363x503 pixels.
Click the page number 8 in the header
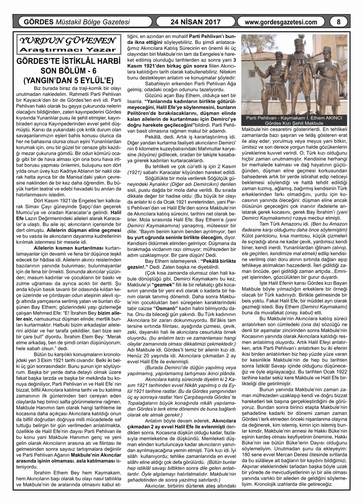click(338, 22)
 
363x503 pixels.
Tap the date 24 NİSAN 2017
click(195, 22)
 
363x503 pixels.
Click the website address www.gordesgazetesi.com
click(281, 22)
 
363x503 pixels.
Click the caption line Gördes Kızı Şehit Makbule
click(294, 123)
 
